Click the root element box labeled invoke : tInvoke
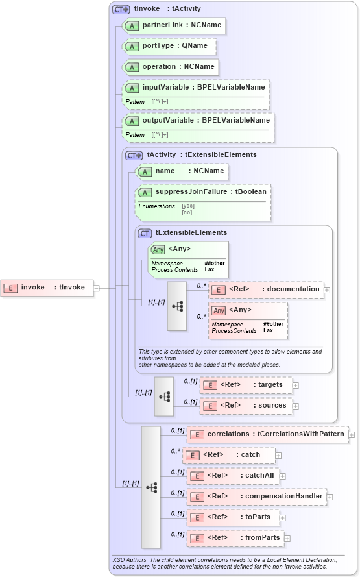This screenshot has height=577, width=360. (47, 288)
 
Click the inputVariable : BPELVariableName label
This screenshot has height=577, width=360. (203, 88)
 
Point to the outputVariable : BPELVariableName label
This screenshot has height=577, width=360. (206, 120)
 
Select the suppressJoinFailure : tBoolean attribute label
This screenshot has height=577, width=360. (203, 192)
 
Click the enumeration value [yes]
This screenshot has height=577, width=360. (188, 206)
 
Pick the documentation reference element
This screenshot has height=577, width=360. (266, 289)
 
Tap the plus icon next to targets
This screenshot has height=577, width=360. (296, 386)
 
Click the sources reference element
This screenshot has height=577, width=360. (246, 406)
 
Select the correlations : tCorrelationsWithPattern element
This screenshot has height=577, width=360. (267, 434)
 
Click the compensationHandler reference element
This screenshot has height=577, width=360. (256, 497)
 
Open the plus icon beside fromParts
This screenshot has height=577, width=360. (287, 538)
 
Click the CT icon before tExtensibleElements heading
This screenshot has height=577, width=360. (145, 233)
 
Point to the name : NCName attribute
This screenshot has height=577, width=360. (182, 171)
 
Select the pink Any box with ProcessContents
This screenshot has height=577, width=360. (247, 320)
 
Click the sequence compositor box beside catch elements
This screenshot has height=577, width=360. (151, 487)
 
